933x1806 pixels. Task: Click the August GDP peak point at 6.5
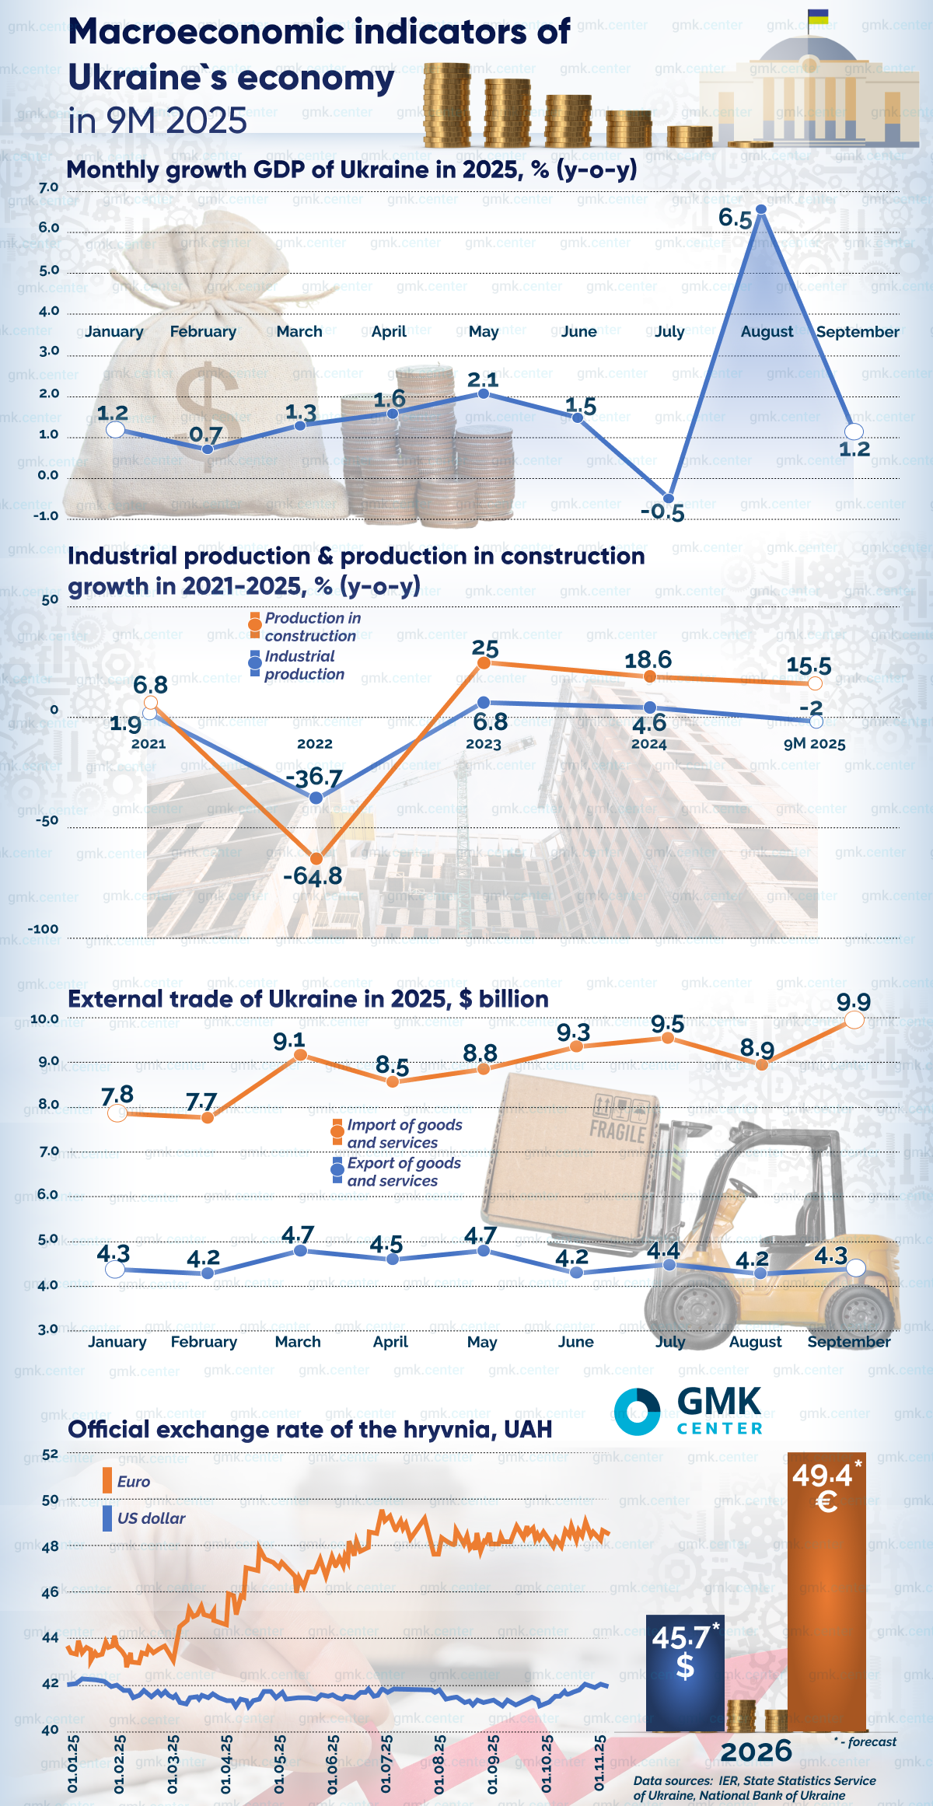(x=761, y=209)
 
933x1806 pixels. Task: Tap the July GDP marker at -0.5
(x=668, y=498)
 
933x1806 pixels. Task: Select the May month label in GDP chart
(x=483, y=332)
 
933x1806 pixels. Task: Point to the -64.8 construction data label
(x=313, y=877)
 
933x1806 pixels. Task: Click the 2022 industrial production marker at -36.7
(x=316, y=798)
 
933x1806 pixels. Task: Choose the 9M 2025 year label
(x=814, y=744)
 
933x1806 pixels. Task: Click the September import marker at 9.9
(x=854, y=1019)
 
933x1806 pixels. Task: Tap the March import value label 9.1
(x=289, y=1040)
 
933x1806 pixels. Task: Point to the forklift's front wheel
(x=697, y=1309)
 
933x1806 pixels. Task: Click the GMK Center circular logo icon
(x=637, y=1411)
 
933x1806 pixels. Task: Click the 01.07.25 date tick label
(x=386, y=1763)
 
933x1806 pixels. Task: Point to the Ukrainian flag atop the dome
(x=818, y=16)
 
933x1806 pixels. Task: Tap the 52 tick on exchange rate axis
(x=50, y=1454)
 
